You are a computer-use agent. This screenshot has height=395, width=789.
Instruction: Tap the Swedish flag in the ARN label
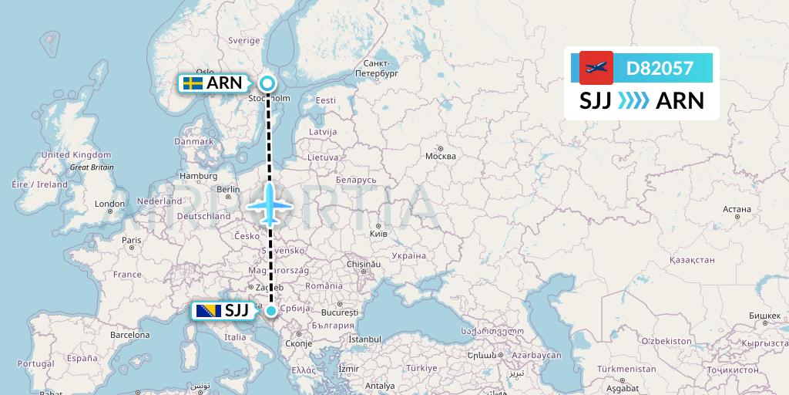193,83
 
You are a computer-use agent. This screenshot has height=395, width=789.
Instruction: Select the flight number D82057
660,68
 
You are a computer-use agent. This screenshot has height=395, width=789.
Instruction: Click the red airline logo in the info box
596,68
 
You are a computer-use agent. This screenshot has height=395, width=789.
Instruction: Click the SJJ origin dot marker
271,310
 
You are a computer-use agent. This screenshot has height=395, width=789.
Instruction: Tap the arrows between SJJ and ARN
633,101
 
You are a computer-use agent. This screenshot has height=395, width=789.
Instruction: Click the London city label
104,204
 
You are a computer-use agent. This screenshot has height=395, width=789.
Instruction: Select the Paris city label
131,240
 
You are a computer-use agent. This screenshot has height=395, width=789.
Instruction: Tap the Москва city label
442,157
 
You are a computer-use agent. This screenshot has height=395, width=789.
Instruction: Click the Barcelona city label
129,336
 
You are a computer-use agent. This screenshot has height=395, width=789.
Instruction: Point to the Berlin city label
228,189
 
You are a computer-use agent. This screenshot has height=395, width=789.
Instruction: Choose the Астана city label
736,209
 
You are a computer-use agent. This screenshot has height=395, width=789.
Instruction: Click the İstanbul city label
364,339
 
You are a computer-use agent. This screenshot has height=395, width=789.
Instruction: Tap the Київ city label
379,231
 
